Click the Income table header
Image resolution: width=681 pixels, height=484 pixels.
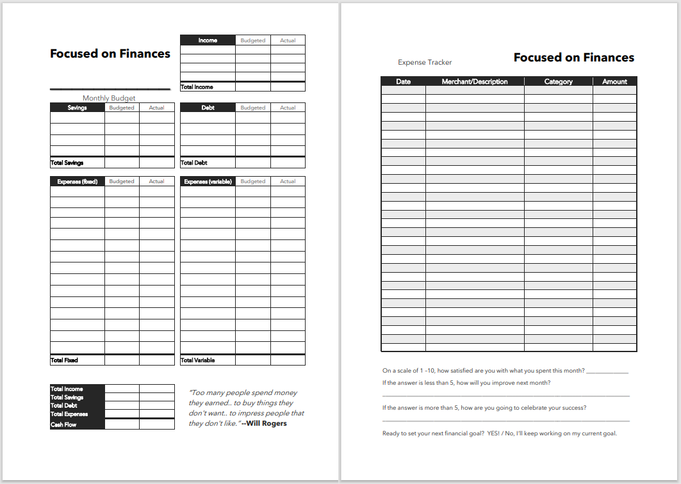208,40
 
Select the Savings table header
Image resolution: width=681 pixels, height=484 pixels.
77,108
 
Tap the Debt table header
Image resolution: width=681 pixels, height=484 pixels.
208,108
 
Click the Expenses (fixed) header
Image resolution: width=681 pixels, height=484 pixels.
77,181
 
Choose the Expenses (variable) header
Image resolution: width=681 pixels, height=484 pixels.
208,181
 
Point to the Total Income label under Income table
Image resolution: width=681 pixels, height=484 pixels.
197,86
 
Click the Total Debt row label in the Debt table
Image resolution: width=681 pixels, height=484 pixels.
194,163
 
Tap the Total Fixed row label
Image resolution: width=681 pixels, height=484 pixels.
64,360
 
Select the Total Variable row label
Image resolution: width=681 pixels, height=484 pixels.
197,360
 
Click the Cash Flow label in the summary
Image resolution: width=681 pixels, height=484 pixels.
63,424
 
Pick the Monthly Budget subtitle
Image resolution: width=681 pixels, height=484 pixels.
109,98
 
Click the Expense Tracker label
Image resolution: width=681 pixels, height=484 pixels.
425,62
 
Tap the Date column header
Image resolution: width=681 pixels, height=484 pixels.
404,81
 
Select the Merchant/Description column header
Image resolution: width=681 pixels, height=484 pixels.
475,81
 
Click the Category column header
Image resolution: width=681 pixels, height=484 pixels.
558,81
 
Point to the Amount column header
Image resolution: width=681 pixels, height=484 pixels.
614,81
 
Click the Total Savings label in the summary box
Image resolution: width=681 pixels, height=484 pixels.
67,397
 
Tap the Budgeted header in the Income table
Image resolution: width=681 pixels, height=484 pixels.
252,40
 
